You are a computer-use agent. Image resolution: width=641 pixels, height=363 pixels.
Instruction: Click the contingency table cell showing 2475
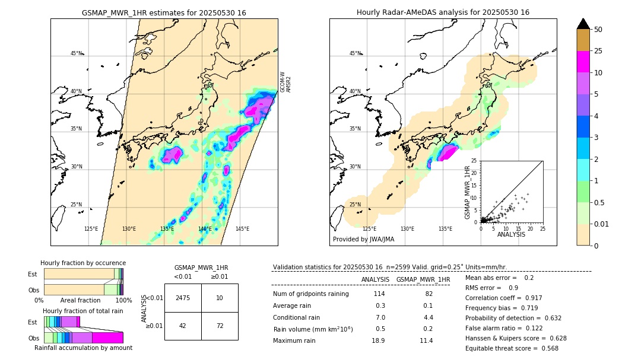(x=183, y=298)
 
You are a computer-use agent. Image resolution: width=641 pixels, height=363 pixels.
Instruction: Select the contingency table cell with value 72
(x=220, y=326)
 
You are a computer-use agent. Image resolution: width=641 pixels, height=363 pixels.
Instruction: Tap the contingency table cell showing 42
(x=183, y=326)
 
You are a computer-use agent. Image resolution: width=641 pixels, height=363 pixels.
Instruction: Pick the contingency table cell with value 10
(x=220, y=298)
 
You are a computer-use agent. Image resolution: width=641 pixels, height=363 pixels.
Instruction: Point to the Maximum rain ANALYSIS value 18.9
(x=378, y=340)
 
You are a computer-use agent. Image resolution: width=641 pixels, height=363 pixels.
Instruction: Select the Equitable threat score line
(x=512, y=348)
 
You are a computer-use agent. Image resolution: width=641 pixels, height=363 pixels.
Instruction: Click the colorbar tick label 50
(x=599, y=30)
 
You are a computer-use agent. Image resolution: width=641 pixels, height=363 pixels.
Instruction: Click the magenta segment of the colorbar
(x=583, y=62)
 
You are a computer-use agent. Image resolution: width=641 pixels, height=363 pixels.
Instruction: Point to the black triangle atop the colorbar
(x=583, y=24)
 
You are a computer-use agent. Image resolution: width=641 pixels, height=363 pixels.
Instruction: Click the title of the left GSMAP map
(x=164, y=12)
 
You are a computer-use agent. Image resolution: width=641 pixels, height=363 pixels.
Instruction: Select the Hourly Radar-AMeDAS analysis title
(x=443, y=12)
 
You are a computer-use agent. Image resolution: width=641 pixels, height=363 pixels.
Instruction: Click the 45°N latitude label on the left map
(x=77, y=53)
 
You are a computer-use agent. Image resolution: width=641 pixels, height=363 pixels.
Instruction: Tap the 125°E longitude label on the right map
(x=369, y=228)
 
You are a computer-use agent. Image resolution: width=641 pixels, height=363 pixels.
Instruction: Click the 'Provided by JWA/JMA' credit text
(x=363, y=239)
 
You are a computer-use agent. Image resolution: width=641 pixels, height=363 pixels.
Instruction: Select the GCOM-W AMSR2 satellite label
(x=285, y=82)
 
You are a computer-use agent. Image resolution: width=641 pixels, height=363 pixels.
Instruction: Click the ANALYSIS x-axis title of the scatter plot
(x=511, y=234)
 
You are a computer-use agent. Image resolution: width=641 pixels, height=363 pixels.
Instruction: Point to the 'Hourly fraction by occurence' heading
(x=83, y=263)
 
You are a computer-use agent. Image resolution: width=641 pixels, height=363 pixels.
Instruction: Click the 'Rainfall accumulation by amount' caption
(x=83, y=348)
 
